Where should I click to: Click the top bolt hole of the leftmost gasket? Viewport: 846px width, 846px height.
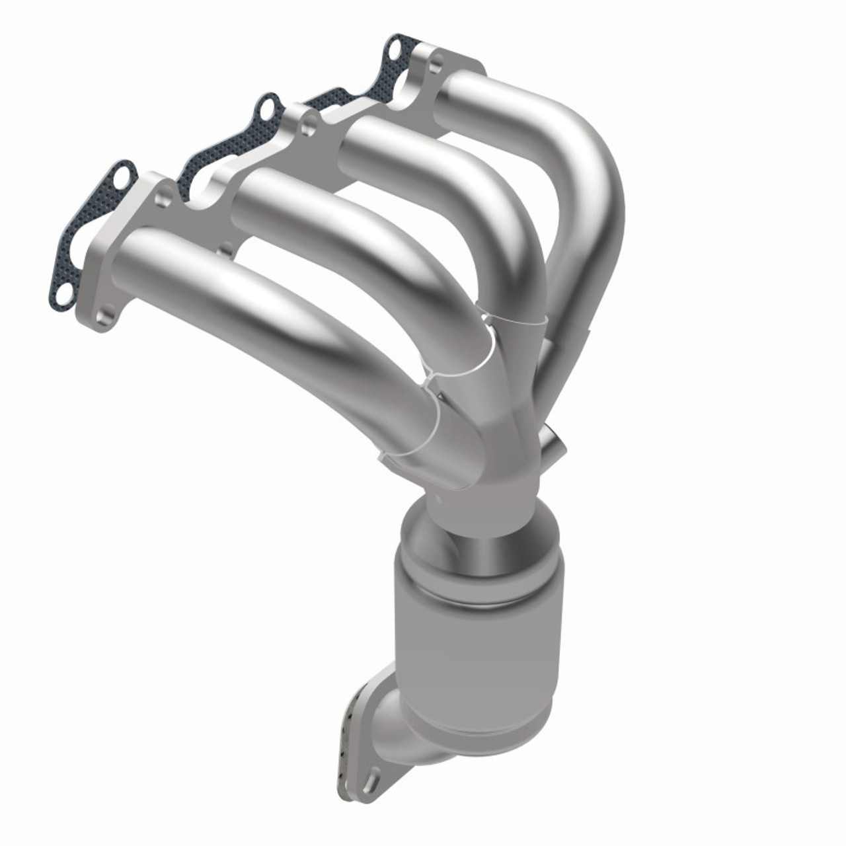coord(120,176)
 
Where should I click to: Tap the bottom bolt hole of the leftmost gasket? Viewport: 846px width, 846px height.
coord(63,292)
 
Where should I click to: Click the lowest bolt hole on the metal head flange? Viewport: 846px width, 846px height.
coord(104,320)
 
